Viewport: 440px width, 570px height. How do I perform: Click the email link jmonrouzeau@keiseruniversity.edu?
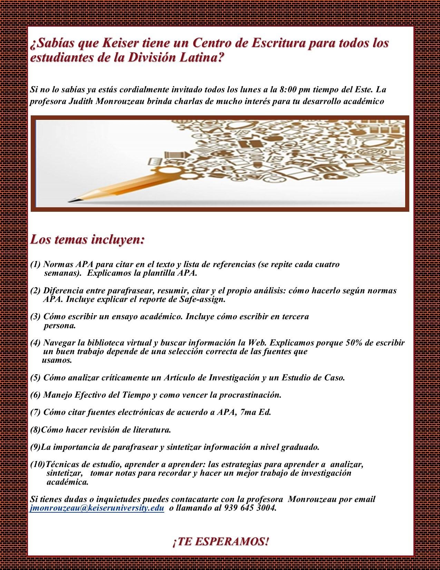click(97, 509)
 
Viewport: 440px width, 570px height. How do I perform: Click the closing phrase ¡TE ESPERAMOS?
click(220, 542)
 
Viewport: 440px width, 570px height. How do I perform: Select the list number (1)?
click(36, 265)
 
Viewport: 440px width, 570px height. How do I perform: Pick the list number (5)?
click(36, 378)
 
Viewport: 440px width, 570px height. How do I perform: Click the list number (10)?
click(38, 465)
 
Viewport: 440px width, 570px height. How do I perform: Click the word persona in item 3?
click(59, 325)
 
